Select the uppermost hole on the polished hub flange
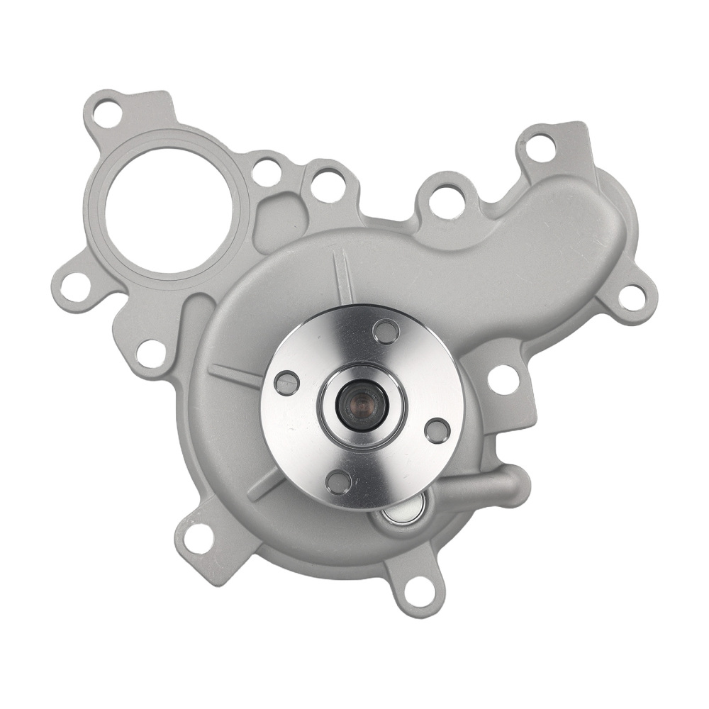tap(386, 331)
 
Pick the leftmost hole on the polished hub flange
tap(286, 383)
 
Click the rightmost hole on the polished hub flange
tap(437, 430)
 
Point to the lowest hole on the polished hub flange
tap(338, 481)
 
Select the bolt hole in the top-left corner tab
tap(108, 113)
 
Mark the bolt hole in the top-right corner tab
tap(540, 148)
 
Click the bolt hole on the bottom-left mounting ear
tap(199, 538)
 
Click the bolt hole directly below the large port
tap(151, 354)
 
